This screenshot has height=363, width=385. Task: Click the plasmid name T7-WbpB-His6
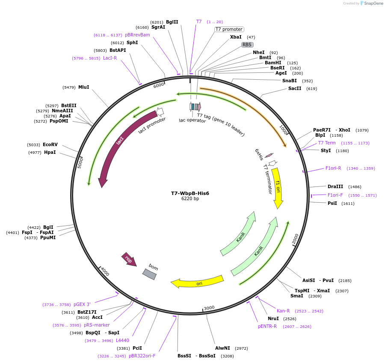pos(190,193)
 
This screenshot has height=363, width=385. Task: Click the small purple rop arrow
pos(129,259)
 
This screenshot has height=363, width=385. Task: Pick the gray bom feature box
pos(150,274)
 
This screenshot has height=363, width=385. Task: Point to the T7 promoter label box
pos(229,29)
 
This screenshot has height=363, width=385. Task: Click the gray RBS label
pos(247,45)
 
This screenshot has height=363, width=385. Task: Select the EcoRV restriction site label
pos(50,145)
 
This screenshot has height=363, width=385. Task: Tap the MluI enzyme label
pos(83,87)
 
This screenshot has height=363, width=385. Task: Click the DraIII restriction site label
pos(335,186)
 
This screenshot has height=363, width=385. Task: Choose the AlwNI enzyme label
pos(222,348)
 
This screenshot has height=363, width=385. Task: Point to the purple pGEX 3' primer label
pos(82,304)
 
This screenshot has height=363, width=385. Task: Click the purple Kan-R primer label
pos(283,311)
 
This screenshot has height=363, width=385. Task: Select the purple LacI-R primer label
pos(110,58)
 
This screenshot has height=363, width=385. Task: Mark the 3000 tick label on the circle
pos(209,308)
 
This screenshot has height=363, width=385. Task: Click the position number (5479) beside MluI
pos(69,87)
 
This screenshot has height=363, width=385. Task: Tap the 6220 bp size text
pos(190,199)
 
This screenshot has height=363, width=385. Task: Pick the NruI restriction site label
pos(273,318)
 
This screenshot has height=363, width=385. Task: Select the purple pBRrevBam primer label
pos(137,35)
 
